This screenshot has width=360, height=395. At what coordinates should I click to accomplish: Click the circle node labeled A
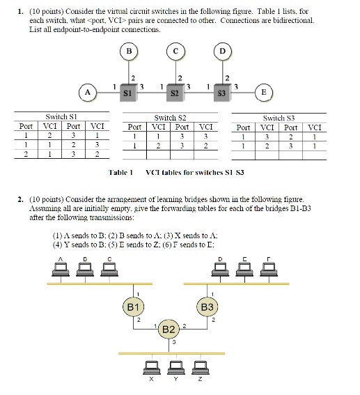point(87,91)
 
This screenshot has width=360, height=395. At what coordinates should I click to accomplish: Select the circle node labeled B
point(128,51)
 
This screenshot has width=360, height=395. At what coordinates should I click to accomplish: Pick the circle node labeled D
point(223,51)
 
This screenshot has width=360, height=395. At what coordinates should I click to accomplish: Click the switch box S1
point(127,91)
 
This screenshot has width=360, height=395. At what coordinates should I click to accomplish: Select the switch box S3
point(223,91)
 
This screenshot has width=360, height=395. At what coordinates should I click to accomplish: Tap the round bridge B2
point(168,328)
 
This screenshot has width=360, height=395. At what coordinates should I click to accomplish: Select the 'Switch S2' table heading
point(170,118)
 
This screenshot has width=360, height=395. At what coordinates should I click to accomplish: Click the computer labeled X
point(151,367)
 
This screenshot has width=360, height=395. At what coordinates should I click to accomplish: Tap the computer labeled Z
point(199,367)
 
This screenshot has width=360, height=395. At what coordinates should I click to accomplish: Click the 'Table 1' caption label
point(120,171)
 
